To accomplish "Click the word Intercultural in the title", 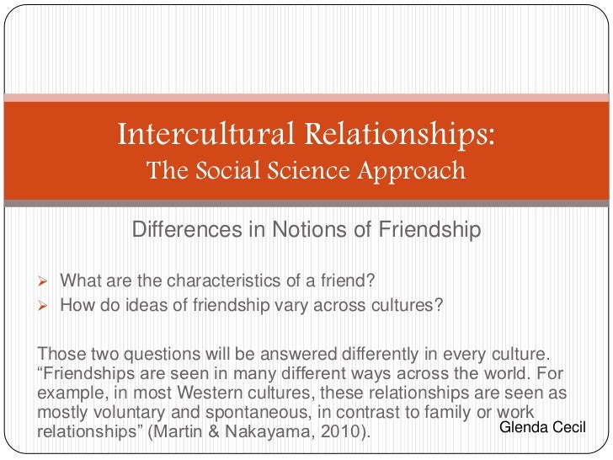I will pyautogui.click(x=191, y=133).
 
